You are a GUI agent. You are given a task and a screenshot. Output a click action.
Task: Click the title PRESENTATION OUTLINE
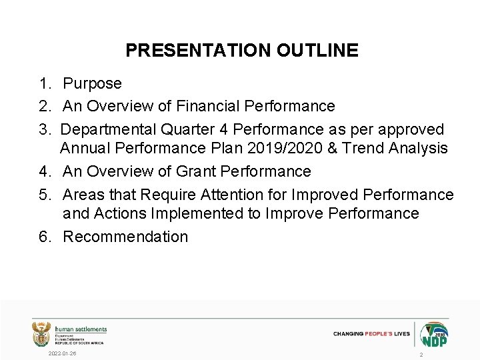click(241, 51)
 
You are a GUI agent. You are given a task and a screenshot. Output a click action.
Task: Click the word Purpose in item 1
click(92, 84)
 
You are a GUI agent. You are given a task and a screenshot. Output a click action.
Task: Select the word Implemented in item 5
click(211, 213)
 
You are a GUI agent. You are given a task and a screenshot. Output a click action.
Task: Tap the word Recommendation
click(125, 237)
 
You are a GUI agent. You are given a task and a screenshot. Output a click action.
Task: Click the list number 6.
click(43, 237)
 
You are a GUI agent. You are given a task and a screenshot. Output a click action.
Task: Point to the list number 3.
click(43, 129)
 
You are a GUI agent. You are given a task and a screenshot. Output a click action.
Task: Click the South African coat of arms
click(41, 333)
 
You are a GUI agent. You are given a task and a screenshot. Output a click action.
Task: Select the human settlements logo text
click(81, 330)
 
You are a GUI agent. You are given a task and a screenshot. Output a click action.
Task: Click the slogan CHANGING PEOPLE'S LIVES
click(371, 333)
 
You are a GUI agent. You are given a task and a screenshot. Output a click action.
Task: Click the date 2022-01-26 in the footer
click(62, 353)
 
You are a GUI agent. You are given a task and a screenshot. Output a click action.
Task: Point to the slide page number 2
click(421, 355)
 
